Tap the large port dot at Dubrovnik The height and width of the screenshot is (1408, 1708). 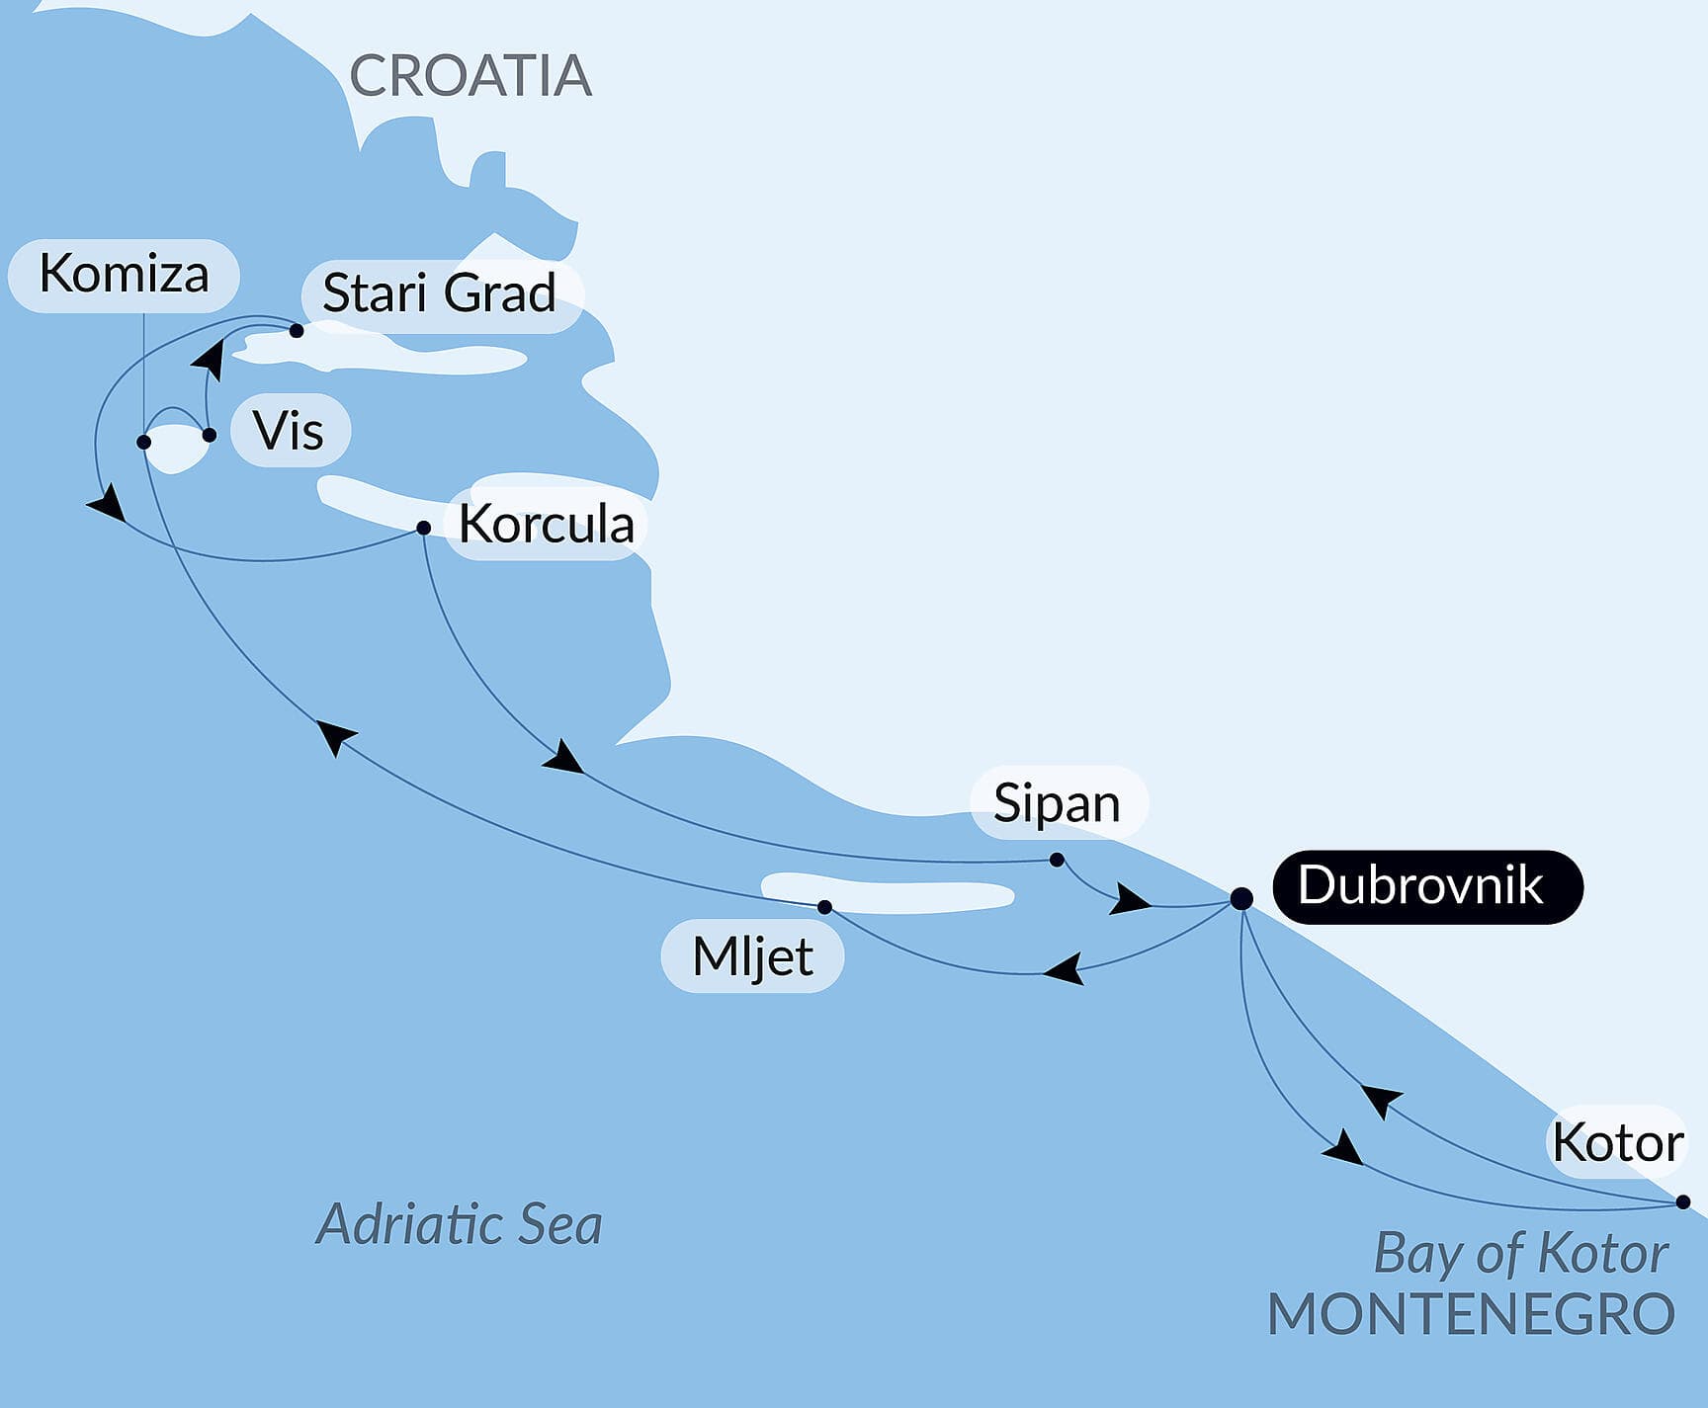coord(1241,898)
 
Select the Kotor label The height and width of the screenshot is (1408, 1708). coord(1617,1142)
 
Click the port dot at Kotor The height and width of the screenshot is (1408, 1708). coord(1683,1202)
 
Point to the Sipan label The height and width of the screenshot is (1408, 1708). coord(1058,802)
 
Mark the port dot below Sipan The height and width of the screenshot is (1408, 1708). coord(1057,860)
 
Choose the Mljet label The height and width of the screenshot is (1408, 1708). coord(752,956)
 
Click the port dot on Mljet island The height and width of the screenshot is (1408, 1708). coord(824,907)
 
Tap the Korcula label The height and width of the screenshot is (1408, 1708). coord(546,524)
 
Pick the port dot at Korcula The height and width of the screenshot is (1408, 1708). coord(423,528)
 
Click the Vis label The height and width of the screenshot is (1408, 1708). coord(289,431)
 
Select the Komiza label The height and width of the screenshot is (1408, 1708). coord(124,274)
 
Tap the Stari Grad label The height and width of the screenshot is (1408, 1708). coord(440,293)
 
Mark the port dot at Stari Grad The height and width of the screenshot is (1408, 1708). coord(296,331)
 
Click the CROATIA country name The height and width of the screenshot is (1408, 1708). coord(470,76)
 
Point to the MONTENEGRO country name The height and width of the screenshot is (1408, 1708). coord(1471,1314)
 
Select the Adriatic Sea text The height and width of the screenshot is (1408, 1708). coord(459,1224)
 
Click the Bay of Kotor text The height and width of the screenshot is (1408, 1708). coord(1520,1253)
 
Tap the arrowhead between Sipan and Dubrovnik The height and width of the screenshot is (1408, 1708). coord(1131,900)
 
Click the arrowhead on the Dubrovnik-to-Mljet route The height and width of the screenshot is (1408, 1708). coord(1066,968)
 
